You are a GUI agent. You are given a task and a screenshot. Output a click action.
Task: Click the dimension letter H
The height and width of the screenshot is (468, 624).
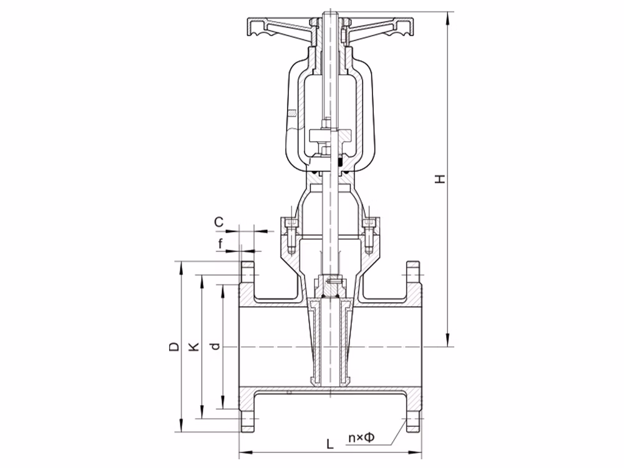[x=440, y=178]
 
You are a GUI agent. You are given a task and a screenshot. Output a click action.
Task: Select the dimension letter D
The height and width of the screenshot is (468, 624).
[x=174, y=346]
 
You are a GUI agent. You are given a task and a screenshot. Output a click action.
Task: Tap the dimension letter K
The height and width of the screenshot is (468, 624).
[x=194, y=346]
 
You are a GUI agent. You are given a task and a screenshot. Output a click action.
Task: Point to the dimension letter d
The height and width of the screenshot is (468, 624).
[x=216, y=346]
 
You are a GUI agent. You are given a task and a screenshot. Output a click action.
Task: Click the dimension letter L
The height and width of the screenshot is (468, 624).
[x=330, y=443]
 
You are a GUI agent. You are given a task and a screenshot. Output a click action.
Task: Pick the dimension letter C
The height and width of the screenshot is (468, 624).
[x=219, y=222]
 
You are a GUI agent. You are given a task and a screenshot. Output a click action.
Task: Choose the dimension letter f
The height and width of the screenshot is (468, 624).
[x=220, y=243]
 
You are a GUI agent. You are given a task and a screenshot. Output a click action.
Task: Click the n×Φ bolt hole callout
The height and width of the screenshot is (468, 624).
[x=361, y=437]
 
